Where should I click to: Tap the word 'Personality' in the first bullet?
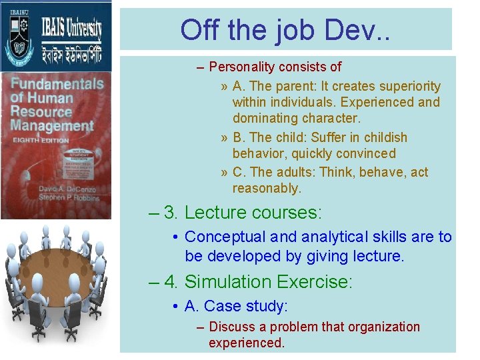[x=241, y=67]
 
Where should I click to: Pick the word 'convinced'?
[x=363, y=153]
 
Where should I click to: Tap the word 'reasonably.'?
[x=267, y=188]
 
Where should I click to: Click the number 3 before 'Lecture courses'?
[x=170, y=213]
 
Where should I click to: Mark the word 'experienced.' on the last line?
[x=247, y=343]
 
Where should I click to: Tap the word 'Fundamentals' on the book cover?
[x=57, y=85]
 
